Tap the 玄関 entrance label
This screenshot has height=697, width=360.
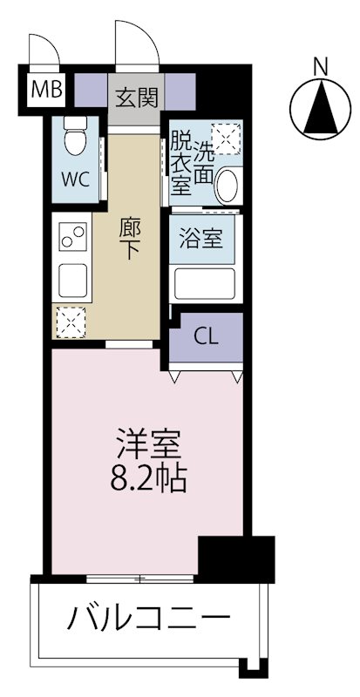point(135,97)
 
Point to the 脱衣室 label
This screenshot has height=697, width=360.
point(180,160)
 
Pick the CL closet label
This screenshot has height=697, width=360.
point(207,335)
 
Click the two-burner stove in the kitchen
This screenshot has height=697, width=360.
point(73,236)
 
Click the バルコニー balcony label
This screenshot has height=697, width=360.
point(148,620)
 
